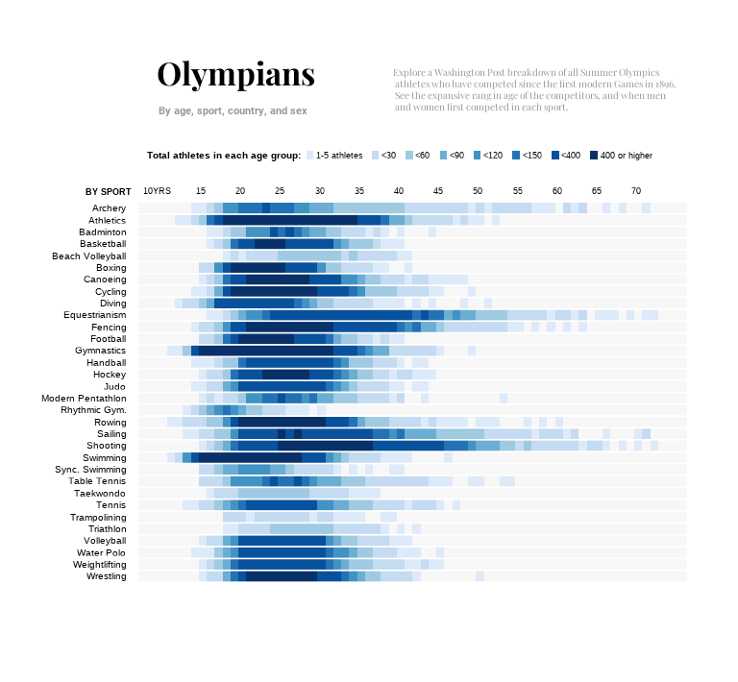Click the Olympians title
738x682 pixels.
235,75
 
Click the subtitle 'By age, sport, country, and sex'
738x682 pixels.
233,111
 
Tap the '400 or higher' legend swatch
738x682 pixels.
594,156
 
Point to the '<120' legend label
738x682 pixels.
492,156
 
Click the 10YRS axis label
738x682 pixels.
157,191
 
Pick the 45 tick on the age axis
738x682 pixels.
438,191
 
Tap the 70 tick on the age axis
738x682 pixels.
636,191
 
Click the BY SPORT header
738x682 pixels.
108,192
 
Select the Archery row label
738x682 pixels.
109,208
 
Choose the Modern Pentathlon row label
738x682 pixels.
84,399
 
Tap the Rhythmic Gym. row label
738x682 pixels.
92,410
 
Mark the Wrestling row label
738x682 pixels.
106,576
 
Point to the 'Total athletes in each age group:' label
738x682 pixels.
224,156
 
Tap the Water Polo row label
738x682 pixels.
102,552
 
